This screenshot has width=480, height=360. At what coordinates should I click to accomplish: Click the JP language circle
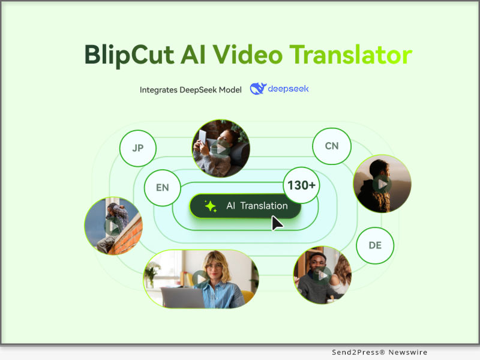[137, 147]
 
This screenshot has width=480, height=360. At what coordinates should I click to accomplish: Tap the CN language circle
[331, 146]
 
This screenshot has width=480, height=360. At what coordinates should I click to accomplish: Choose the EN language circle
[162, 187]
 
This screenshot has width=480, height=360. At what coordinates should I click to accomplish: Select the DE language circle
[375, 245]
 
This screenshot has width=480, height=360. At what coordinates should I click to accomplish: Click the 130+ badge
[301, 185]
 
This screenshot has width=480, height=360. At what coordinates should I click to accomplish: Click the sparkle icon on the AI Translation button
[211, 206]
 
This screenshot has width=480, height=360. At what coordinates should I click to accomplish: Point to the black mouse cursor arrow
[277, 223]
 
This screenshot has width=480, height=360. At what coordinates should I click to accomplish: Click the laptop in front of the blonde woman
[182, 298]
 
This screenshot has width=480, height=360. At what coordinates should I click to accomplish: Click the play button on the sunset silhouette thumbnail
[382, 184]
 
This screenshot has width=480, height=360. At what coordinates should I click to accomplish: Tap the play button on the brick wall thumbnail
[113, 226]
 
